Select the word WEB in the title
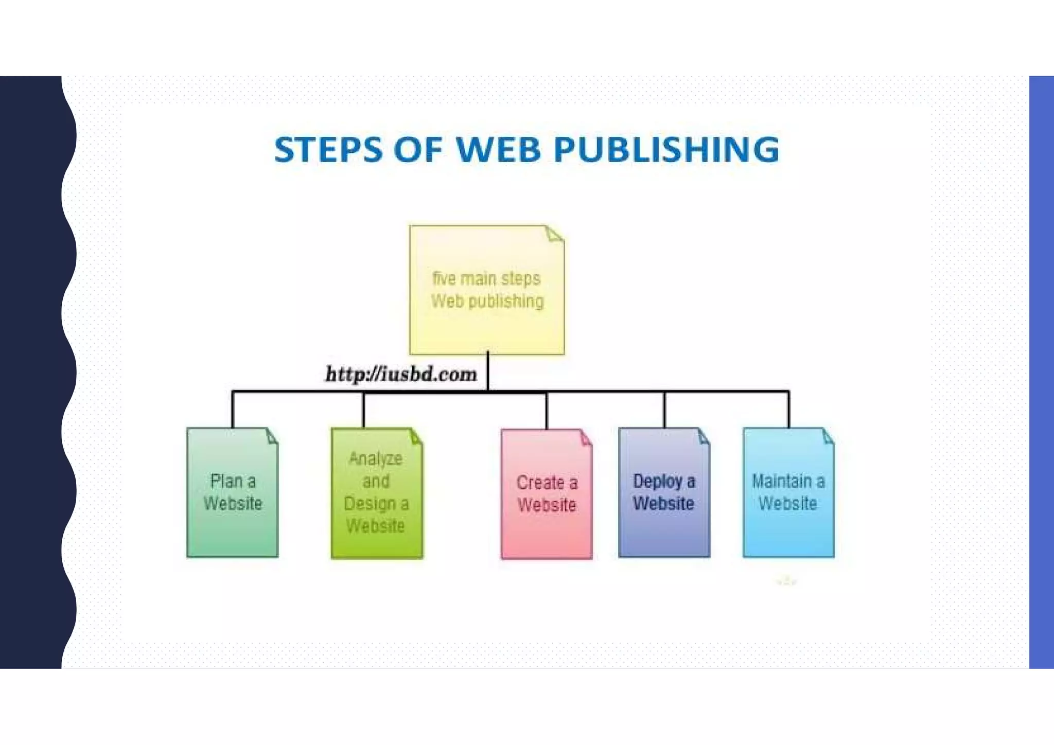[x=498, y=150]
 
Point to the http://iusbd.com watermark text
[x=401, y=374]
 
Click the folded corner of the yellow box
[x=554, y=234]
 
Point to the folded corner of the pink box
[x=586, y=438]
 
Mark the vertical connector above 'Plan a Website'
[x=233, y=410]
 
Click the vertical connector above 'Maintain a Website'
[x=788, y=410]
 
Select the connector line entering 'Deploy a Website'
[x=664, y=410]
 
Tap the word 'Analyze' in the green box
[x=376, y=458]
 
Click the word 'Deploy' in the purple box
[x=658, y=481]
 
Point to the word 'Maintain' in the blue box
[x=782, y=481]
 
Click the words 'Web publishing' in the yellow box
[x=487, y=301]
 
